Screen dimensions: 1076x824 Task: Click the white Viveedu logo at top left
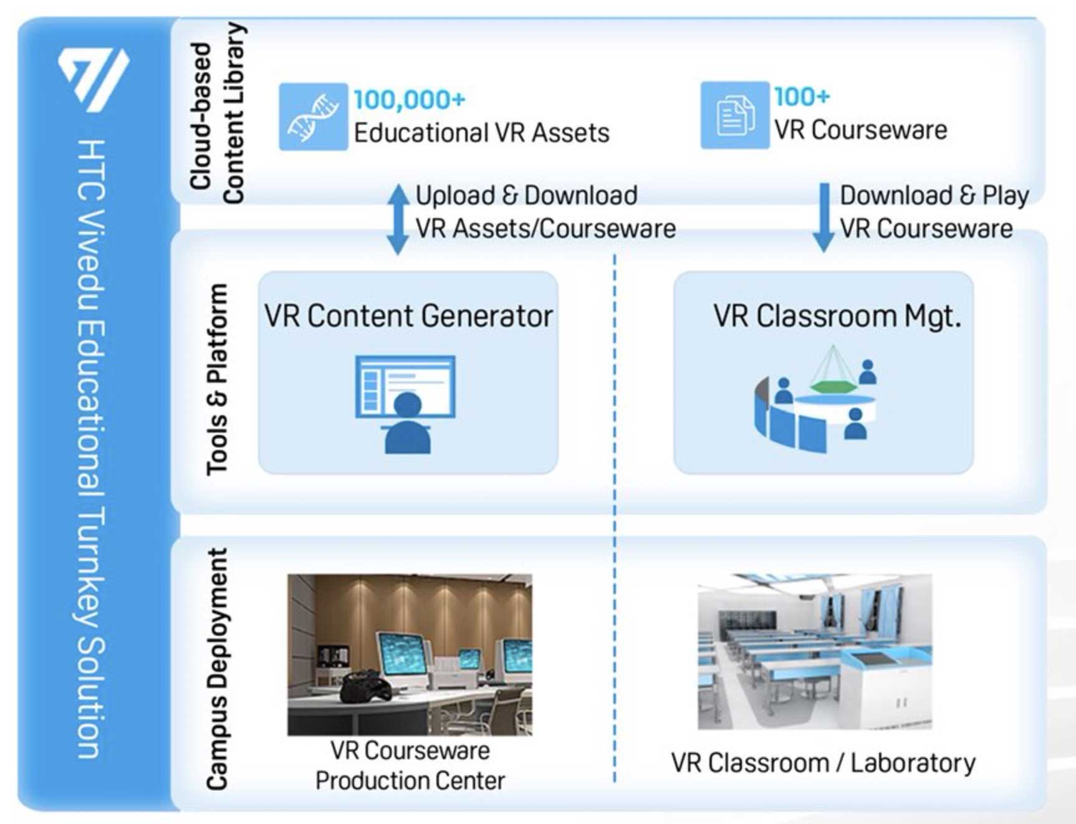click(x=94, y=79)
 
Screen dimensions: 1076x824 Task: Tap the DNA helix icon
click(x=313, y=117)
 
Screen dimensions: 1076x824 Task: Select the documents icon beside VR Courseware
click(x=734, y=115)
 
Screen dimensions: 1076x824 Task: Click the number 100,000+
click(x=410, y=99)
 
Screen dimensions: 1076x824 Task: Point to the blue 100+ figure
click(x=802, y=97)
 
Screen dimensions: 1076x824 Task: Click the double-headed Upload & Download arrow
click(x=398, y=219)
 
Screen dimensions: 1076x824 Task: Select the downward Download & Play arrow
click(x=824, y=218)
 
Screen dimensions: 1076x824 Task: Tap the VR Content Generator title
click(x=408, y=315)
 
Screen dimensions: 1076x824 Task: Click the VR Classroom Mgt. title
click(x=837, y=315)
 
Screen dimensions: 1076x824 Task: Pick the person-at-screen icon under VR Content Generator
click(x=405, y=404)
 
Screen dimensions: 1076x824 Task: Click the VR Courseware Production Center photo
click(x=410, y=654)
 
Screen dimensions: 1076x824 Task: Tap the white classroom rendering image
click(x=815, y=651)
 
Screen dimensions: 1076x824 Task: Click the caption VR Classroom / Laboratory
click(x=824, y=763)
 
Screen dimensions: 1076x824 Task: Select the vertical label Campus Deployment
click(x=218, y=669)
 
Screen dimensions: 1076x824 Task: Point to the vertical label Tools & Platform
click(x=218, y=380)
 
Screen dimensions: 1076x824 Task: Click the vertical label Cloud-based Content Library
click(x=217, y=113)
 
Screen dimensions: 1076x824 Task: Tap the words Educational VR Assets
click(x=481, y=133)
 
